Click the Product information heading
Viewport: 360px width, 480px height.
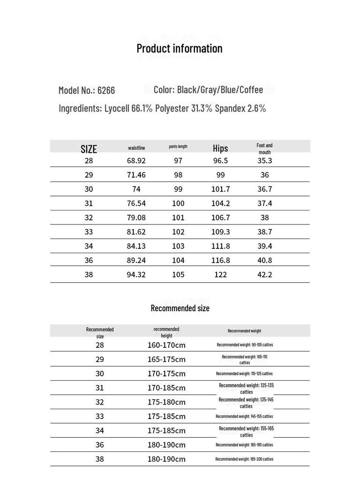pyautogui.click(x=180, y=48)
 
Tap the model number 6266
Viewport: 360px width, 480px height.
pyautogui.click(x=106, y=90)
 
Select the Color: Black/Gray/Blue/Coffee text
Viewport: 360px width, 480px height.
pyautogui.click(x=208, y=90)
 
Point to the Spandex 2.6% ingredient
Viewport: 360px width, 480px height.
pyautogui.click(x=240, y=108)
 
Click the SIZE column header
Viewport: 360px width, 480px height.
pyautogui.click(x=89, y=149)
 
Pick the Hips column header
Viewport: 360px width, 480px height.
pyautogui.click(x=220, y=149)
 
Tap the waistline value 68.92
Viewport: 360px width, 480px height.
pyautogui.click(x=136, y=161)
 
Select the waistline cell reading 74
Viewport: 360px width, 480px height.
pyautogui.click(x=136, y=189)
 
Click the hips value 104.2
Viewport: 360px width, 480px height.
pyautogui.click(x=220, y=203)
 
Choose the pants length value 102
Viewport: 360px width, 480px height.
pyautogui.click(x=178, y=232)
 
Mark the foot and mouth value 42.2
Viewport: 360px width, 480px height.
pyautogui.click(x=265, y=275)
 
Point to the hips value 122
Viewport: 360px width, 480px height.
pyautogui.click(x=220, y=275)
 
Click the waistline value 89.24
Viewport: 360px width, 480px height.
pyautogui.click(x=136, y=261)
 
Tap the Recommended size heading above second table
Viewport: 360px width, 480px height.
pyautogui.click(x=180, y=308)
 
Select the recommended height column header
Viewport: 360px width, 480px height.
pyautogui.click(x=166, y=332)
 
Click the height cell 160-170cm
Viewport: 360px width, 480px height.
pyautogui.click(x=166, y=345)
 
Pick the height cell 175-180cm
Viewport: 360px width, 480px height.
pyautogui.click(x=166, y=402)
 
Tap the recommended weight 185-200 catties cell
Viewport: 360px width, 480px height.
pyautogui.click(x=244, y=459)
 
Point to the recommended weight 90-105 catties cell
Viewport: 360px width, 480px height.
pyautogui.click(x=245, y=345)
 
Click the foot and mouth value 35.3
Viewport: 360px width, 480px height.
pyautogui.click(x=265, y=161)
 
